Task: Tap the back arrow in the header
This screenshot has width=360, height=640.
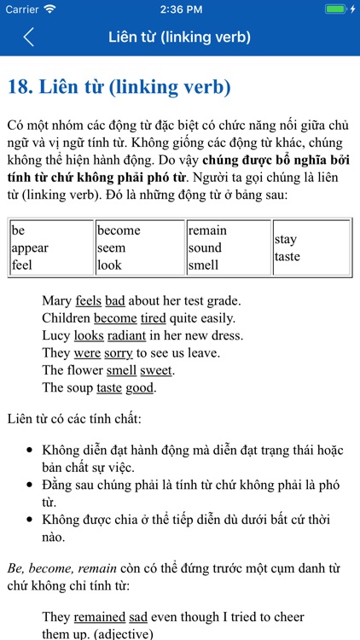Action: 28,38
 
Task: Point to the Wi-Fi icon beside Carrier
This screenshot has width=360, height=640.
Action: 49,9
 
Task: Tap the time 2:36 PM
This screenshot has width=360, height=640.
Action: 179,9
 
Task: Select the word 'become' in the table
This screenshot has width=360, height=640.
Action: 119,230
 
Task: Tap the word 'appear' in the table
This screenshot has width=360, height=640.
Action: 30,247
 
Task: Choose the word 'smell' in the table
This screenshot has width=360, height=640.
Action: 204,265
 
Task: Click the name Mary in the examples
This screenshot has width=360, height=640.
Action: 56,300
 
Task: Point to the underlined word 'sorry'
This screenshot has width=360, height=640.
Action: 119,352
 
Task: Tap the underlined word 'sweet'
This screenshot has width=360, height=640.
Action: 156,370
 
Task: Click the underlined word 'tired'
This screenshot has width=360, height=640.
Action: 154,318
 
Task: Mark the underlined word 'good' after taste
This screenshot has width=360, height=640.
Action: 141,387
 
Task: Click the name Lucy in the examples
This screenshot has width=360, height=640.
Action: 56,335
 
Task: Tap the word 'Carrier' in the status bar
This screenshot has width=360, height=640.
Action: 22,9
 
